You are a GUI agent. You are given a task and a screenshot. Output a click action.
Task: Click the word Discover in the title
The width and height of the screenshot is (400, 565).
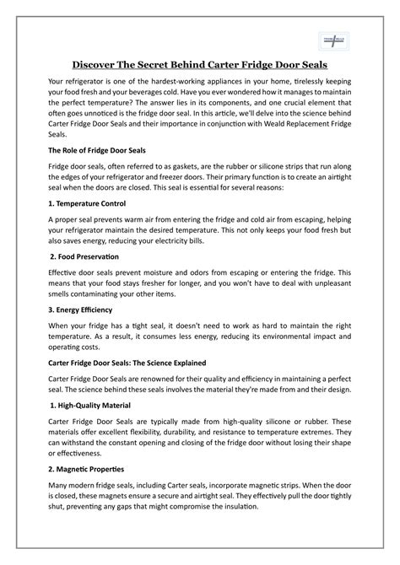[x=100, y=65]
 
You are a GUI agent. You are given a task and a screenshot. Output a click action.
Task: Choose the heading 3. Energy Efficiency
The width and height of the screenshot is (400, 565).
[x=86, y=309]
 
